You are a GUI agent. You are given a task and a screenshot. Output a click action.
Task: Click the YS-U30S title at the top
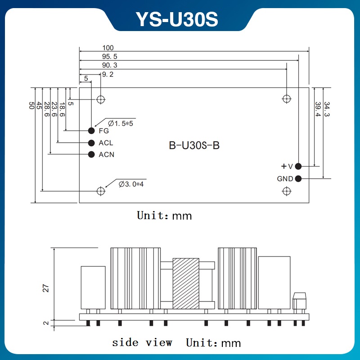[x=177, y=19]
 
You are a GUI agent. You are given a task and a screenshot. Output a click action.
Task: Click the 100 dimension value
[x=108, y=48]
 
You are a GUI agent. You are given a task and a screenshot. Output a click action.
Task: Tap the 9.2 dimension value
[x=108, y=75]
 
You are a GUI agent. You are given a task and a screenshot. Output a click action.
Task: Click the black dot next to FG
[x=91, y=131]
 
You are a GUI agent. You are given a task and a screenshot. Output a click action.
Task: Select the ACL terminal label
[x=106, y=143]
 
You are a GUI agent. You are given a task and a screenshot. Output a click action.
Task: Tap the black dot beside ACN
[x=91, y=154]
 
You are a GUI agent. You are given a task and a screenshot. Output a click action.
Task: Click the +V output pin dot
[x=298, y=166]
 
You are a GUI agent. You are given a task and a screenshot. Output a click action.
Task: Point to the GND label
[x=285, y=179]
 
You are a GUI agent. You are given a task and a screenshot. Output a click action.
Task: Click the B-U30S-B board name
[x=194, y=146]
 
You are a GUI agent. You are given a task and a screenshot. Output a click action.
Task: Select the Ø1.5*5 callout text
[x=121, y=123]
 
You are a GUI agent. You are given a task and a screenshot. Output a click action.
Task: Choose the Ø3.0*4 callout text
[x=133, y=184]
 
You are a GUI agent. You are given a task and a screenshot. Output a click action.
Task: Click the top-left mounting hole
[x=101, y=99]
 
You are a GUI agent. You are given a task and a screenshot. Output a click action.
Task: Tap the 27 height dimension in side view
[x=45, y=288]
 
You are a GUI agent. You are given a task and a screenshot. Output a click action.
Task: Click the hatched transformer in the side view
[x=185, y=283]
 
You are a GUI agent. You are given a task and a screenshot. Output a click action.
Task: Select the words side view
[x=142, y=342]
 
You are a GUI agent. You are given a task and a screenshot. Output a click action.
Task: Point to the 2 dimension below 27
[x=45, y=323]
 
